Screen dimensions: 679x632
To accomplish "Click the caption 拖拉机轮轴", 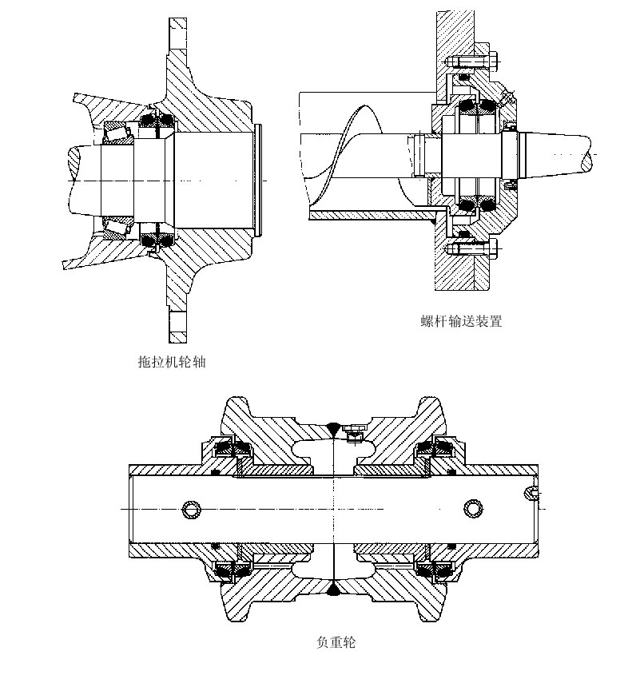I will click(x=172, y=362).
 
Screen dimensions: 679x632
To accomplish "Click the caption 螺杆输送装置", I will click(x=461, y=321).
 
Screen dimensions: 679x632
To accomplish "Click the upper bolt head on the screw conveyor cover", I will click(x=487, y=61).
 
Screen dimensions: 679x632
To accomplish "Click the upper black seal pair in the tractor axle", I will click(x=157, y=121).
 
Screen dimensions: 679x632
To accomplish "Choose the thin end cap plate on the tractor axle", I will click(x=260, y=181).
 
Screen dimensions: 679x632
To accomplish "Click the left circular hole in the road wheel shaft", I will click(x=191, y=509).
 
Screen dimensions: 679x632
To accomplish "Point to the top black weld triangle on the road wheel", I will click(x=333, y=427).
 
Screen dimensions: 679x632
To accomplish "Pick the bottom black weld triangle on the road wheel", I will click(x=333, y=590).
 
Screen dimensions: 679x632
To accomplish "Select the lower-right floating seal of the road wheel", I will click(x=437, y=570).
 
